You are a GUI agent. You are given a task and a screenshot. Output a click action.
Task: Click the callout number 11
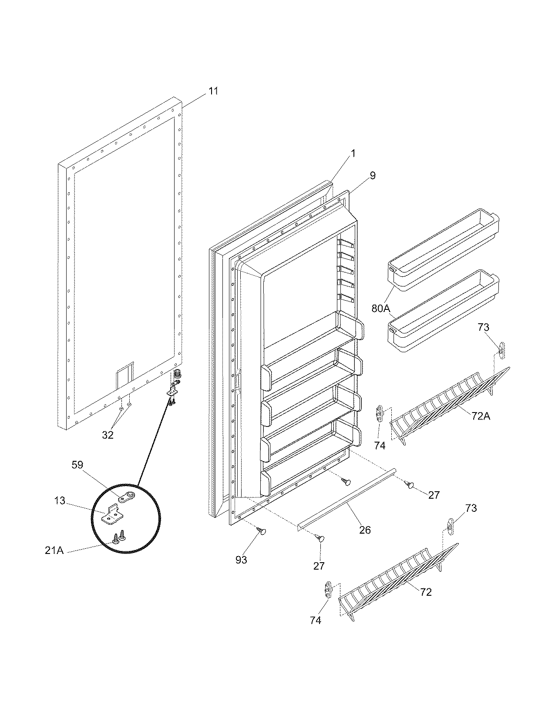pos(213,91)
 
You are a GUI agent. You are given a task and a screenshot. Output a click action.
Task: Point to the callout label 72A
pos(480,416)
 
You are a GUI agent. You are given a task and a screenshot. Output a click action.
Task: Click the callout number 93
pos(241,560)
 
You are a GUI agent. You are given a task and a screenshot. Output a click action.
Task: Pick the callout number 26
pos(365,530)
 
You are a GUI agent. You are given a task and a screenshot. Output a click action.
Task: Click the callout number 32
pos(108,435)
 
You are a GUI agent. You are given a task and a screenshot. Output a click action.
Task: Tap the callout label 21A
pos(54,550)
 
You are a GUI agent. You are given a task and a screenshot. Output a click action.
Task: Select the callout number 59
pos(77,464)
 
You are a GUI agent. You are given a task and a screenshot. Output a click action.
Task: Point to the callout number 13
pos(60,501)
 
